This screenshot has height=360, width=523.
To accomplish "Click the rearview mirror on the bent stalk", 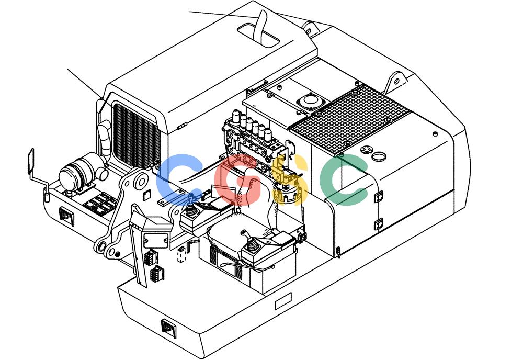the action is [30, 161].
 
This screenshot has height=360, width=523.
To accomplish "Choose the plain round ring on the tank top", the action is [379, 156].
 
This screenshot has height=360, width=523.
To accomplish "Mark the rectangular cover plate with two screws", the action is [155, 241].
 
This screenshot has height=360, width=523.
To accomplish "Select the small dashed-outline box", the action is [181, 255].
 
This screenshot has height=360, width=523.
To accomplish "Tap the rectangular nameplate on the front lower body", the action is [283, 301].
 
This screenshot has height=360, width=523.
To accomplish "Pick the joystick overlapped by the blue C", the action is [190, 207].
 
